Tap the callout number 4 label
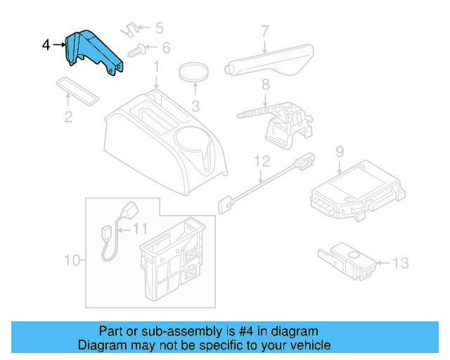[x=46, y=45]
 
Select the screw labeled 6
[x=136, y=51]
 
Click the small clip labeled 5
[x=129, y=30]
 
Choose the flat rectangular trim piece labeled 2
[x=77, y=91]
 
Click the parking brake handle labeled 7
[x=269, y=61]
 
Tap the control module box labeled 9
[x=357, y=191]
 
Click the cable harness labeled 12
[x=266, y=183]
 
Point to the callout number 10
[x=72, y=260]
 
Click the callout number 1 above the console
[x=156, y=67]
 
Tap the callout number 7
[x=265, y=31]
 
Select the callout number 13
[x=400, y=263]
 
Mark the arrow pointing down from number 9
[x=340, y=167]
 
